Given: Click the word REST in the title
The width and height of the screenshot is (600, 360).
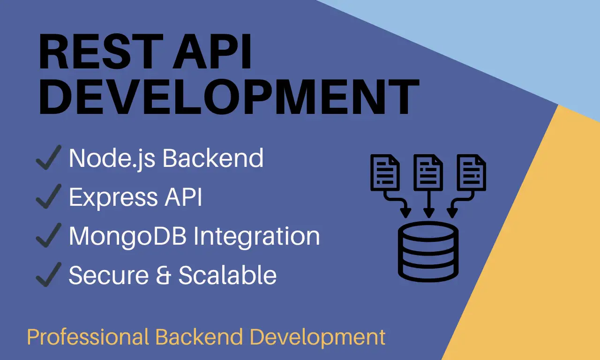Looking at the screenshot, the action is point(101,52).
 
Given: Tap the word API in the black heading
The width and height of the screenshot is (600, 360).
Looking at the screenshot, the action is point(212,52).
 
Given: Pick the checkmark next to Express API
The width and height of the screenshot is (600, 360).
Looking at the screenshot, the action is point(49,196).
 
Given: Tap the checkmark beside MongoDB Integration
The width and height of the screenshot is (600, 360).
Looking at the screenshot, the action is point(49,235).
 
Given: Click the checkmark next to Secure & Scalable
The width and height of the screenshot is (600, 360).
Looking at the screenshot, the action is point(49,274).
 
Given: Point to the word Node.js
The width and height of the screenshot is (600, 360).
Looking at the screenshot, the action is point(112,159).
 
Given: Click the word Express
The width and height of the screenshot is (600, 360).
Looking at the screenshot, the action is point(113,198).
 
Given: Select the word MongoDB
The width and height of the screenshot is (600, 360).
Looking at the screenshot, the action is point(128,236).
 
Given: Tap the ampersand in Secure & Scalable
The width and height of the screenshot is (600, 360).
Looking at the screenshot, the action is point(164,275).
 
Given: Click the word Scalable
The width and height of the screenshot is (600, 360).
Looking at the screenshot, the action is point(227,275).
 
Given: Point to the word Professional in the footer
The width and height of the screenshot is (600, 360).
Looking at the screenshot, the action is point(88,337).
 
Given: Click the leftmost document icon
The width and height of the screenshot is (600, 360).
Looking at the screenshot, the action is point(385,172).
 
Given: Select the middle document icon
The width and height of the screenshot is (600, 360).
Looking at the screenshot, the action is point(428,172).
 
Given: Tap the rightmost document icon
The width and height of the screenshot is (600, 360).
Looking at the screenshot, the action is point(472,172).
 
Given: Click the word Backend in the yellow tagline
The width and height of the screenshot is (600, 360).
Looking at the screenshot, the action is point(199,337).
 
